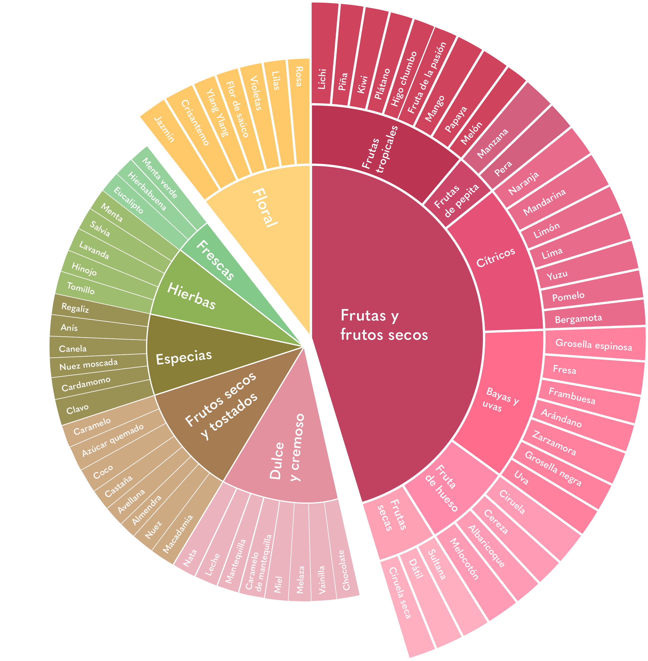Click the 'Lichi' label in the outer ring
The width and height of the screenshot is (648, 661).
[322, 79]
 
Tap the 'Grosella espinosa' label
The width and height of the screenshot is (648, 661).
[594, 345]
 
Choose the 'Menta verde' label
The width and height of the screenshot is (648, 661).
[160, 178]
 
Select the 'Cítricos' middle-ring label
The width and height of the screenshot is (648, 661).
[495, 257]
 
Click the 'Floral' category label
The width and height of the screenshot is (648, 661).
[265, 208]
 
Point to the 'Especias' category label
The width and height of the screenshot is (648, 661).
[184, 357]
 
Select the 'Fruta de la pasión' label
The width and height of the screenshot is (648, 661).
[427, 78]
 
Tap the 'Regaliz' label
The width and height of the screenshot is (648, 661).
[75, 308]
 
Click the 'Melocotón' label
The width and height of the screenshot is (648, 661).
[464, 559]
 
